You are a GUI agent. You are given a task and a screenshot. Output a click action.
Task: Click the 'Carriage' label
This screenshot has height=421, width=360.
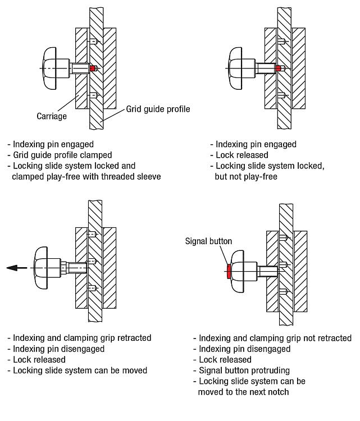tap(52, 116)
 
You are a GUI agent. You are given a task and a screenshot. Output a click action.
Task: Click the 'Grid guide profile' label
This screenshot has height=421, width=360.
tap(158, 109)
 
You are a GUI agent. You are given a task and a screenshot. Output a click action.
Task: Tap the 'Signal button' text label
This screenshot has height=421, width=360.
tap(208, 241)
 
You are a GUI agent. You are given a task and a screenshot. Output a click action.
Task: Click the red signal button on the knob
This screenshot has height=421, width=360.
tap(228, 272)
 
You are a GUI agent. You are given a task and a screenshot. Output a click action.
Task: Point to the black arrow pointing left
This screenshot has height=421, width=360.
tap(17, 268)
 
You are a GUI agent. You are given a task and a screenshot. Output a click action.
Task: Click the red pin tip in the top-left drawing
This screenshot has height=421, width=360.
tap(93, 69)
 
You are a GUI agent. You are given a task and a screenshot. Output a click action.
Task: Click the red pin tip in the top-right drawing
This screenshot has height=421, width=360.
tap(279, 68)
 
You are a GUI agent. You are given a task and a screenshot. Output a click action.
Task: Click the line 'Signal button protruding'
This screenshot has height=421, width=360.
tap(244, 370)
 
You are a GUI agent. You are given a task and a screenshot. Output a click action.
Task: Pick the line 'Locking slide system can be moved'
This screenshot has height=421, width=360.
tap(78, 370)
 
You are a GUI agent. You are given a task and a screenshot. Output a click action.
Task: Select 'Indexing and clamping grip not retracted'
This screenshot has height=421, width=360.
tap(272, 338)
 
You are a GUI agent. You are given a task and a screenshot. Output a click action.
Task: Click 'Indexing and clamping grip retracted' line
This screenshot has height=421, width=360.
tap(79, 338)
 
